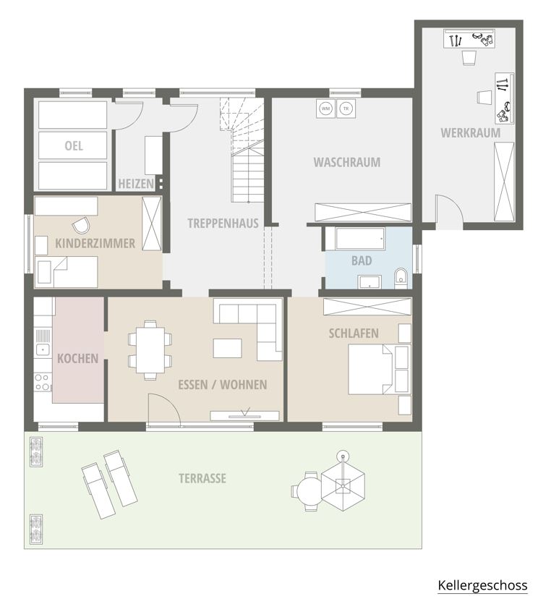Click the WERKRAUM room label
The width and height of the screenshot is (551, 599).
pyautogui.click(x=471, y=133)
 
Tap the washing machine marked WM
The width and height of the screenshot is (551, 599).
pyautogui.click(x=325, y=109)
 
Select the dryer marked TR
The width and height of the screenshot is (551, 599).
pyautogui.click(x=346, y=109)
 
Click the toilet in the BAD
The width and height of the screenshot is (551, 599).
pyautogui.click(x=401, y=276)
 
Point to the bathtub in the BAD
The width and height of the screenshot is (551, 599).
pyautogui.click(x=359, y=239)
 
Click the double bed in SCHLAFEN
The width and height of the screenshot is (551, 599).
pyautogui.click(x=379, y=370)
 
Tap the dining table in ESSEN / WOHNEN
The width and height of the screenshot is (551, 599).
pyautogui.click(x=150, y=349)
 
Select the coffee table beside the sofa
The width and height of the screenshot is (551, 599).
pyautogui.click(x=227, y=348)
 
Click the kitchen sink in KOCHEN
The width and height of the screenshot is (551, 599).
pyautogui.click(x=43, y=349)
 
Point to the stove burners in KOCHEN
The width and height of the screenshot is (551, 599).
pyautogui.click(x=43, y=383)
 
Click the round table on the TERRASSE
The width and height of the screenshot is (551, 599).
pyautogui.click(x=309, y=490)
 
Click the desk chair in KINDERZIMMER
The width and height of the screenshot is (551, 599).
pyautogui.click(x=81, y=225)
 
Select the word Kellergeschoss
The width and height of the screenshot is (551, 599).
pyautogui.click(x=482, y=585)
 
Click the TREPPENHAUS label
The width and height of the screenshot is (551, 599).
pyautogui.click(x=223, y=224)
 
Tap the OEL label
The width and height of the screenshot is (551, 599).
pyautogui.click(x=74, y=146)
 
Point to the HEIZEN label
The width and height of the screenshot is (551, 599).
pyautogui.click(x=136, y=184)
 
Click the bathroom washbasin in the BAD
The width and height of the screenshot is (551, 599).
pyautogui.click(x=370, y=281)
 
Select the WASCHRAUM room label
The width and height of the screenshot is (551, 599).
pyautogui.click(x=346, y=162)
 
